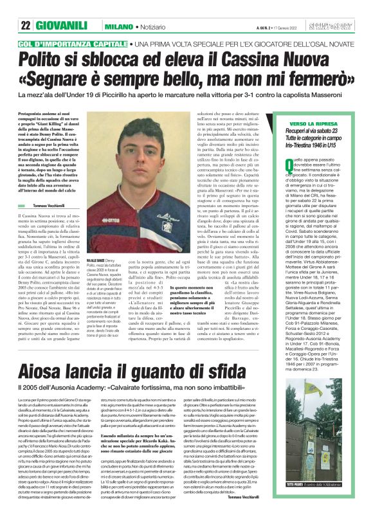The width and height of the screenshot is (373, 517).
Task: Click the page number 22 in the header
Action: [x=26, y=26]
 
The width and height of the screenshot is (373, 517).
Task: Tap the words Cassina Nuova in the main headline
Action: [x=295, y=60]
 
